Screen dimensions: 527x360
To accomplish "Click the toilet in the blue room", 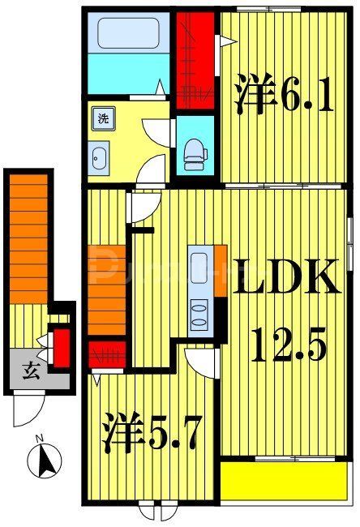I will point(194,152).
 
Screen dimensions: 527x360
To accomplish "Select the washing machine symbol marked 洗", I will point(103,119).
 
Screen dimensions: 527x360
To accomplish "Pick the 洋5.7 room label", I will point(152,435).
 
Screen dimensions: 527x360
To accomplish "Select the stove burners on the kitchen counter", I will point(199,312).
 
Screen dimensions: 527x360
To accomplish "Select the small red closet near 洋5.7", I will point(108,355).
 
